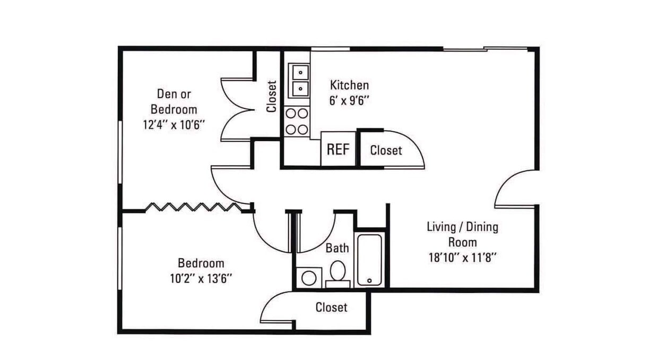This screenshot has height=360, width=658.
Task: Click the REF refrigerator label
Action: click(x=338, y=149)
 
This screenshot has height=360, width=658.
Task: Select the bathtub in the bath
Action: click(x=369, y=260)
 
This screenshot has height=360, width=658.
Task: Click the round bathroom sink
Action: click(x=309, y=278)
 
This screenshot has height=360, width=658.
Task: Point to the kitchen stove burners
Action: click(x=297, y=122)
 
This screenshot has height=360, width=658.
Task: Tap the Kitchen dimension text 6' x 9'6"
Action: click(x=349, y=101)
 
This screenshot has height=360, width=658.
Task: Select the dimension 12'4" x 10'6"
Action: click(x=174, y=125)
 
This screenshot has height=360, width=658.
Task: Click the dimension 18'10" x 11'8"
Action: click(x=463, y=258)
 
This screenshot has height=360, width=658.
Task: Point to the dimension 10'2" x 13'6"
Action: click(x=201, y=278)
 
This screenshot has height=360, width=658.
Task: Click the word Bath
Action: click(x=337, y=248)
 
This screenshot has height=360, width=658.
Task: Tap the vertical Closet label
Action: click(x=272, y=97)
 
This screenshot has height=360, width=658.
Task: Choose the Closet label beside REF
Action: click(x=386, y=150)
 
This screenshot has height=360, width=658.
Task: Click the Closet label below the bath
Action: click(x=331, y=307)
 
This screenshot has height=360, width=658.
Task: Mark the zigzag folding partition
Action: click(x=194, y=207)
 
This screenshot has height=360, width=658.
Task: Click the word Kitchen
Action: click(x=349, y=85)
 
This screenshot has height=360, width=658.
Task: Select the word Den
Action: click(x=164, y=94)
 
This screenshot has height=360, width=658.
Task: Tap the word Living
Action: click(x=441, y=227)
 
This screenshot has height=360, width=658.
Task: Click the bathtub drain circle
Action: click(x=369, y=280)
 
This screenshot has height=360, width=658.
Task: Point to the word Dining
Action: click(x=482, y=227)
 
